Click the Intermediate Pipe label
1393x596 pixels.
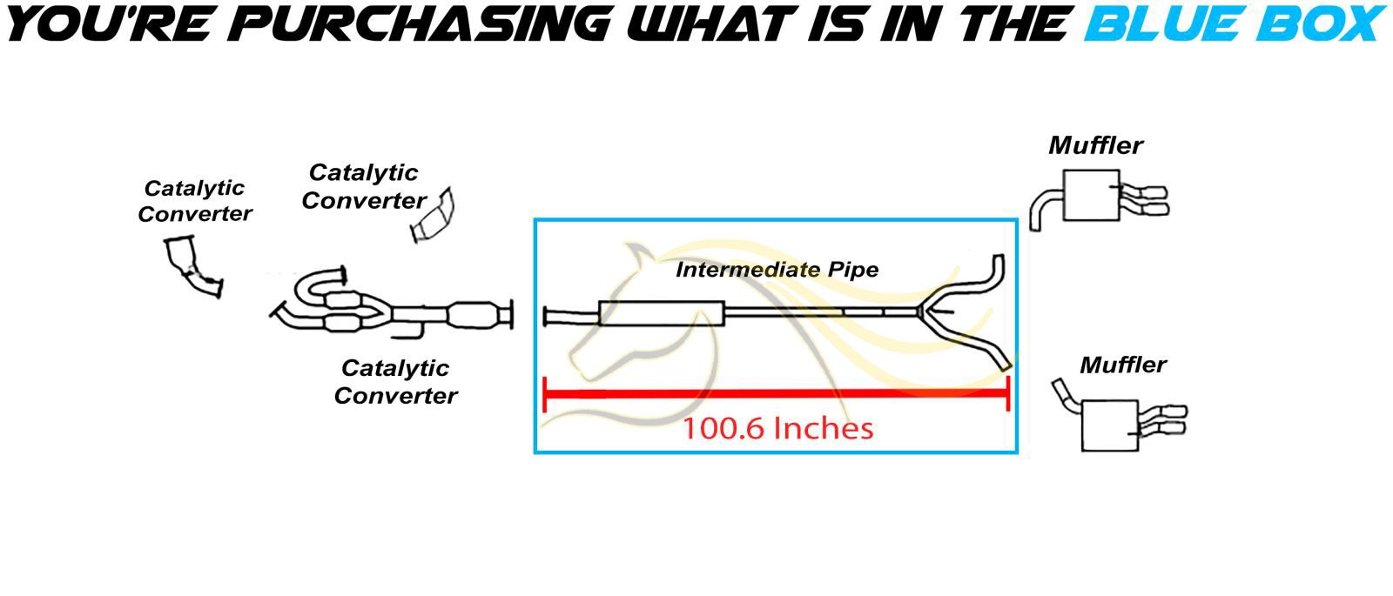(777, 270)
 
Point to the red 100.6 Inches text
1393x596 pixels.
(777, 428)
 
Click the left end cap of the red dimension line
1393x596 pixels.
(544, 394)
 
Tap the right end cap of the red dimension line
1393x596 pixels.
(1008, 394)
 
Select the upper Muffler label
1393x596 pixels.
(1095, 145)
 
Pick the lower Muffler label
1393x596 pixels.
(1123, 365)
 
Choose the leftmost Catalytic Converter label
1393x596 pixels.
(194, 201)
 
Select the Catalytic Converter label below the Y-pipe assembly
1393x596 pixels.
(395, 382)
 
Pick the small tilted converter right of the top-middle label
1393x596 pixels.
(434, 215)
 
